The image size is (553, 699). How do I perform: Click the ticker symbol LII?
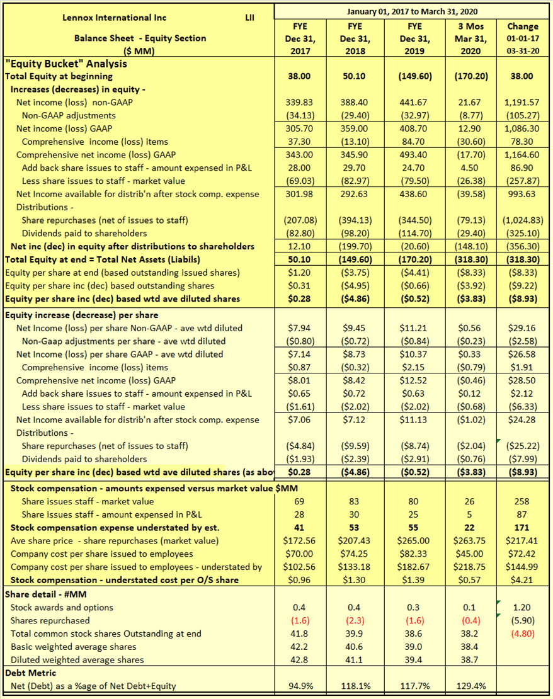click(249, 18)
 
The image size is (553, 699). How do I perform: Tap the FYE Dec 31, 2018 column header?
click(355, 38)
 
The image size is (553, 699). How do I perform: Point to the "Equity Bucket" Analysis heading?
click(66, 64)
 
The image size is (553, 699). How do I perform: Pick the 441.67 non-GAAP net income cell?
click(414, 103)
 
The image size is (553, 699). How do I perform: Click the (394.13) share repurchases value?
click(355, 220)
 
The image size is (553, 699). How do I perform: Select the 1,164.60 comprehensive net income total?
click(522, 155)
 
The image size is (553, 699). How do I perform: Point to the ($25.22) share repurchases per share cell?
click(522, 446)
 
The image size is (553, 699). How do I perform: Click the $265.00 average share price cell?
click(413, 541)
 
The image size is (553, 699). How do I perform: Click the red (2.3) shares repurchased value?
click(355, 621)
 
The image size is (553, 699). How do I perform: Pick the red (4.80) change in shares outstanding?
click(522, 634)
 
